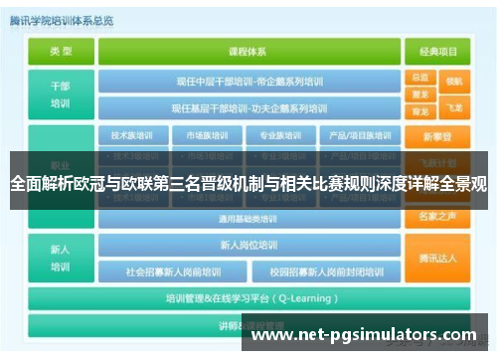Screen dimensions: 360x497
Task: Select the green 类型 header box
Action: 61,52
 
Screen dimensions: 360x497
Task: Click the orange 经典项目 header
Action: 438,52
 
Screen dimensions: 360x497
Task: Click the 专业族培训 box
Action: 281,135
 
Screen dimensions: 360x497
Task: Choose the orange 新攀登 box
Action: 438,135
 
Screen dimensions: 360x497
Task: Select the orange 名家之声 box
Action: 438,215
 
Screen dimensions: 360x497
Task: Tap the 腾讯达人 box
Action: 438,258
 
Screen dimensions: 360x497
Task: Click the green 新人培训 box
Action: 61,258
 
